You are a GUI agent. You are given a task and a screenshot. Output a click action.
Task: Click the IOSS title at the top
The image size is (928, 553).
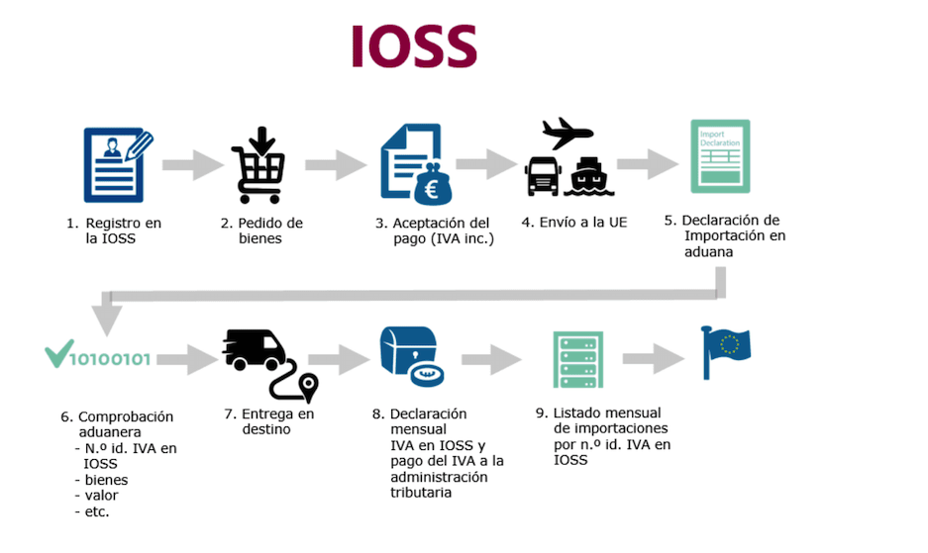pos(414,46)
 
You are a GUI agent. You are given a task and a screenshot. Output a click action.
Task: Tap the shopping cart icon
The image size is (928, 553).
pos(258,165)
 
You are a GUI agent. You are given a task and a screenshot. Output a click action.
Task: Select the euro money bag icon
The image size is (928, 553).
pos(432,183)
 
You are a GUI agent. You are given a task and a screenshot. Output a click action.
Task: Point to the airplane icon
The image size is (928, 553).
pos(567,133)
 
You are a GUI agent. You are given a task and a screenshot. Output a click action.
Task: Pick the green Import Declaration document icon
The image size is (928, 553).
pos(719,156)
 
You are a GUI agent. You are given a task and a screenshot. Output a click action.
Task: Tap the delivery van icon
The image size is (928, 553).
pos(255,350)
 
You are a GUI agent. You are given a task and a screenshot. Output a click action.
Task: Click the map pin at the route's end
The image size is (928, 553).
pos(308,385)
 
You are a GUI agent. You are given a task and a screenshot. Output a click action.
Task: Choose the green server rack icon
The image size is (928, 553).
pos(577,360)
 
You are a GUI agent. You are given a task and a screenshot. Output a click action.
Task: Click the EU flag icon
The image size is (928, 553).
pos(726,352)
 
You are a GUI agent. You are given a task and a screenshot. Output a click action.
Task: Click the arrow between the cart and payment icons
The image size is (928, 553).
pos(336,165)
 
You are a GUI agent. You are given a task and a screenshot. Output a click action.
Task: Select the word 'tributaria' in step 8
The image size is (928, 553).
pos(422,492)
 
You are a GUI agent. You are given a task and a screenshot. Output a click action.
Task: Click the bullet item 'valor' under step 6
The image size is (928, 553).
pos(101,496)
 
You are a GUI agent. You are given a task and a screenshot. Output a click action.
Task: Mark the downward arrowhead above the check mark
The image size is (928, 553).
pos(106,319)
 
